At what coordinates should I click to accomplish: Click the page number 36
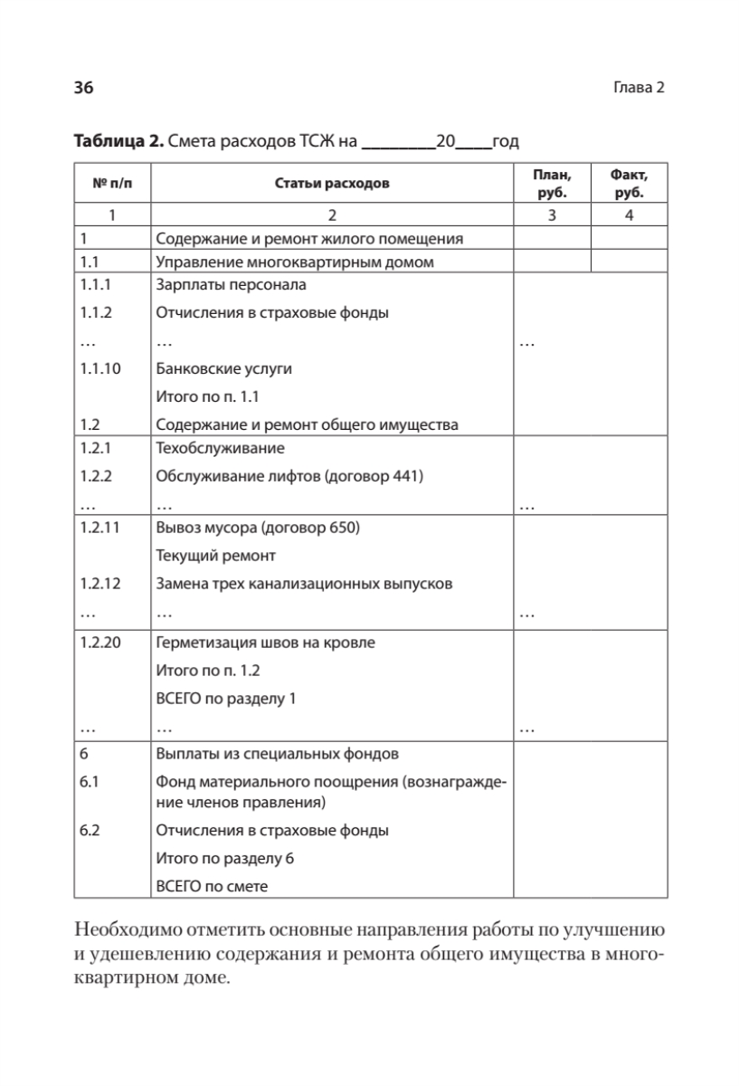[83, 88]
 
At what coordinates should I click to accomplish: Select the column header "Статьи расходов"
[331, 184]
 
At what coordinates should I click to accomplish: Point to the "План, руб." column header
[551, 184]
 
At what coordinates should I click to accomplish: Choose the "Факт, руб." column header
[629, 184]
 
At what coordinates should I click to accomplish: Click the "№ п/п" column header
[111, 184]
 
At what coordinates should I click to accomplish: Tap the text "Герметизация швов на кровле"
[265, 643]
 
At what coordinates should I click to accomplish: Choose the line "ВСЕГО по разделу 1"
[225, 699]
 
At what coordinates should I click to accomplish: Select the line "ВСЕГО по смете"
[213, 886]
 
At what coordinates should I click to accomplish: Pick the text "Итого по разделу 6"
[225, 858]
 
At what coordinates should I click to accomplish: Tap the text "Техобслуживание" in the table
[221, 448]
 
